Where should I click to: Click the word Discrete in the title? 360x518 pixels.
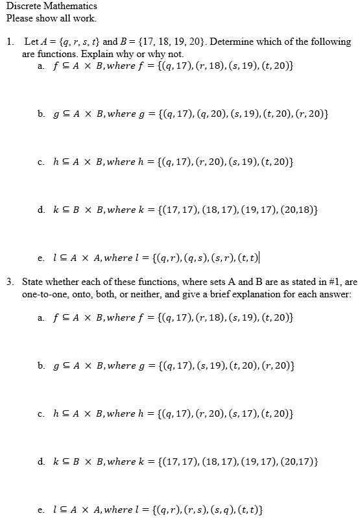(x=22, y=6)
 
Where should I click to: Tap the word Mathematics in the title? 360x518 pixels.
(x=69, y=6)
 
